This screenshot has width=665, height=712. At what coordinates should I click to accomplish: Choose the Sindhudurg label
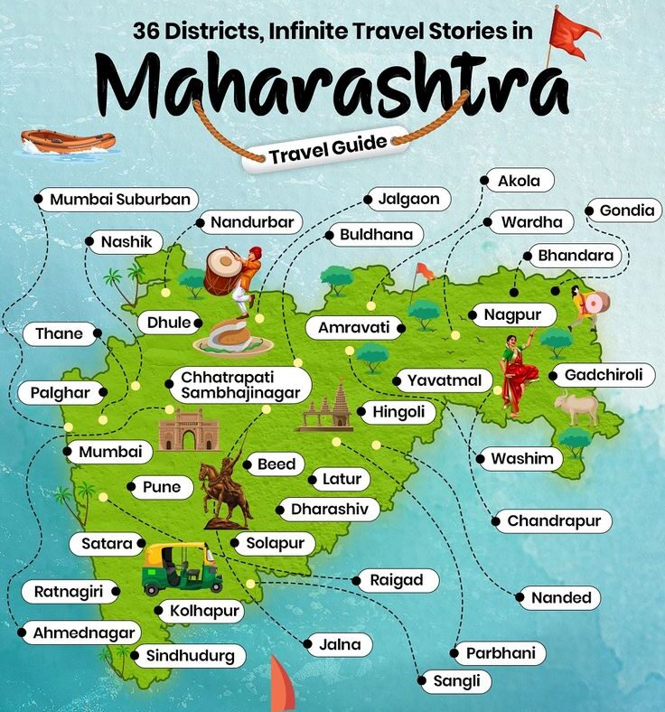190,656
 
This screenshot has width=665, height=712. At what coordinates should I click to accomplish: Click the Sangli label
455,680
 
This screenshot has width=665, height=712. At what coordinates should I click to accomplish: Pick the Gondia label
626,211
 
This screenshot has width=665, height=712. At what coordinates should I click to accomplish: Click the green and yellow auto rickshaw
182,565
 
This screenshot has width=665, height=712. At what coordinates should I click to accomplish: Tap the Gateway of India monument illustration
189,429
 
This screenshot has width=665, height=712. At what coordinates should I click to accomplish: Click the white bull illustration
576,408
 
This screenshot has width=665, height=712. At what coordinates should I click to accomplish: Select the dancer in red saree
519,375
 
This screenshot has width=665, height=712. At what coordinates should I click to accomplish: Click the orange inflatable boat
69,141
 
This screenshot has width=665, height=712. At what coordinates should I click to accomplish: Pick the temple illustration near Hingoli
329,409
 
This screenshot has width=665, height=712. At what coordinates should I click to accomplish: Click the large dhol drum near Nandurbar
221,270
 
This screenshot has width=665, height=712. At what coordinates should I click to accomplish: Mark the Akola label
519,181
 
